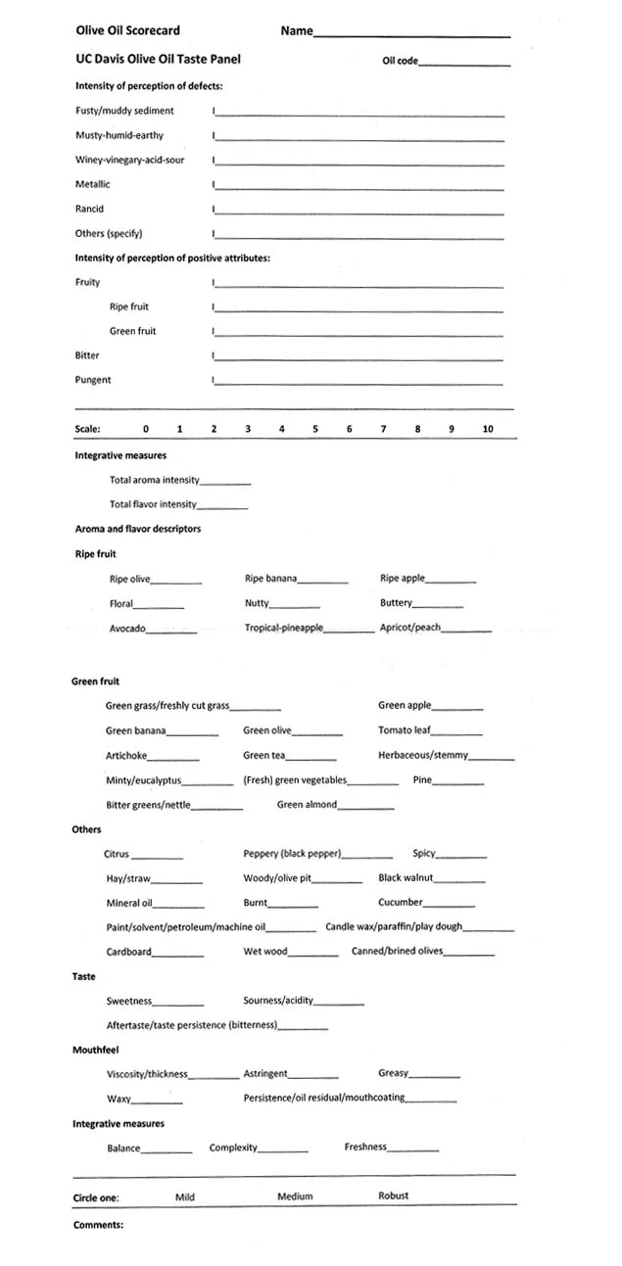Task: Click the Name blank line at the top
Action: click(x=411, y=35)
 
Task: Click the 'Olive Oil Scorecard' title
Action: click(x=128, y=31)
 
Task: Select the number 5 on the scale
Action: click(x=315, y=429)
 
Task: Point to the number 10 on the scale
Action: click(x=488, y=429)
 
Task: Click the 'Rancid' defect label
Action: click(x=89, y=209)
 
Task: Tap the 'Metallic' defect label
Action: click(x=93, y=184)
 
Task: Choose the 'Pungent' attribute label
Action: click(x=93, y=380)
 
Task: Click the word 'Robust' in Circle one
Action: click(x=394, y=1196)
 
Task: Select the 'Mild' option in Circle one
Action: click(x=185, y=1196)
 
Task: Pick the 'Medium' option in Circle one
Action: click(x=295, y=1196)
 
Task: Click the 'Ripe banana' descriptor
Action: click(x=270, y=579)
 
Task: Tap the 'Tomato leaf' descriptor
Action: click(x=404, y=730)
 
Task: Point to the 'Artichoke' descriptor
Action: click(x=126, y=756)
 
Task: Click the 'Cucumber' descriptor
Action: click(x=400, y=902)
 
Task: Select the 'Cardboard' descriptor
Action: click(x=129, y=952)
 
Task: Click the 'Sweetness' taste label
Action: click(x=129, y=1001)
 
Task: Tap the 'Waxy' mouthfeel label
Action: click(x=119, y=1099)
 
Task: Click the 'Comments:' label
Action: click(x=98, y=1225)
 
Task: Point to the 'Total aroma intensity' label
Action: click(x=154, y=480)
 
